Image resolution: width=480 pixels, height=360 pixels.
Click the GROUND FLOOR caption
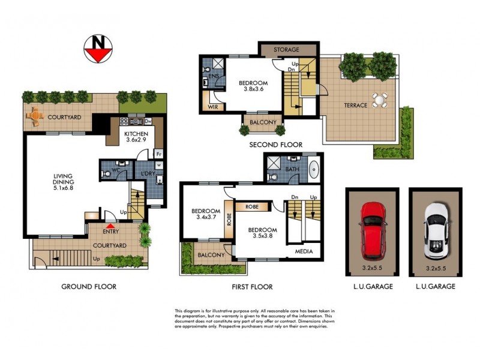(x=89, y=287)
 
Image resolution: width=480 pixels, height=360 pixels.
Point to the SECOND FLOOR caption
(x=276, y=145)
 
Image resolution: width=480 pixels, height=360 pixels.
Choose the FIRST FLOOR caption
(x=252, y=287)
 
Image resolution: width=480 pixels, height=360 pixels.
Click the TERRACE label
(x=355, y=106)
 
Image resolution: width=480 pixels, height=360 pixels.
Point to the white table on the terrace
(x=379, y=100)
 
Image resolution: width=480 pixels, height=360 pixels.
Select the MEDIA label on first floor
(x=303, y=252)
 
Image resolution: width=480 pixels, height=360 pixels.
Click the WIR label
(x=213, y=107)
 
